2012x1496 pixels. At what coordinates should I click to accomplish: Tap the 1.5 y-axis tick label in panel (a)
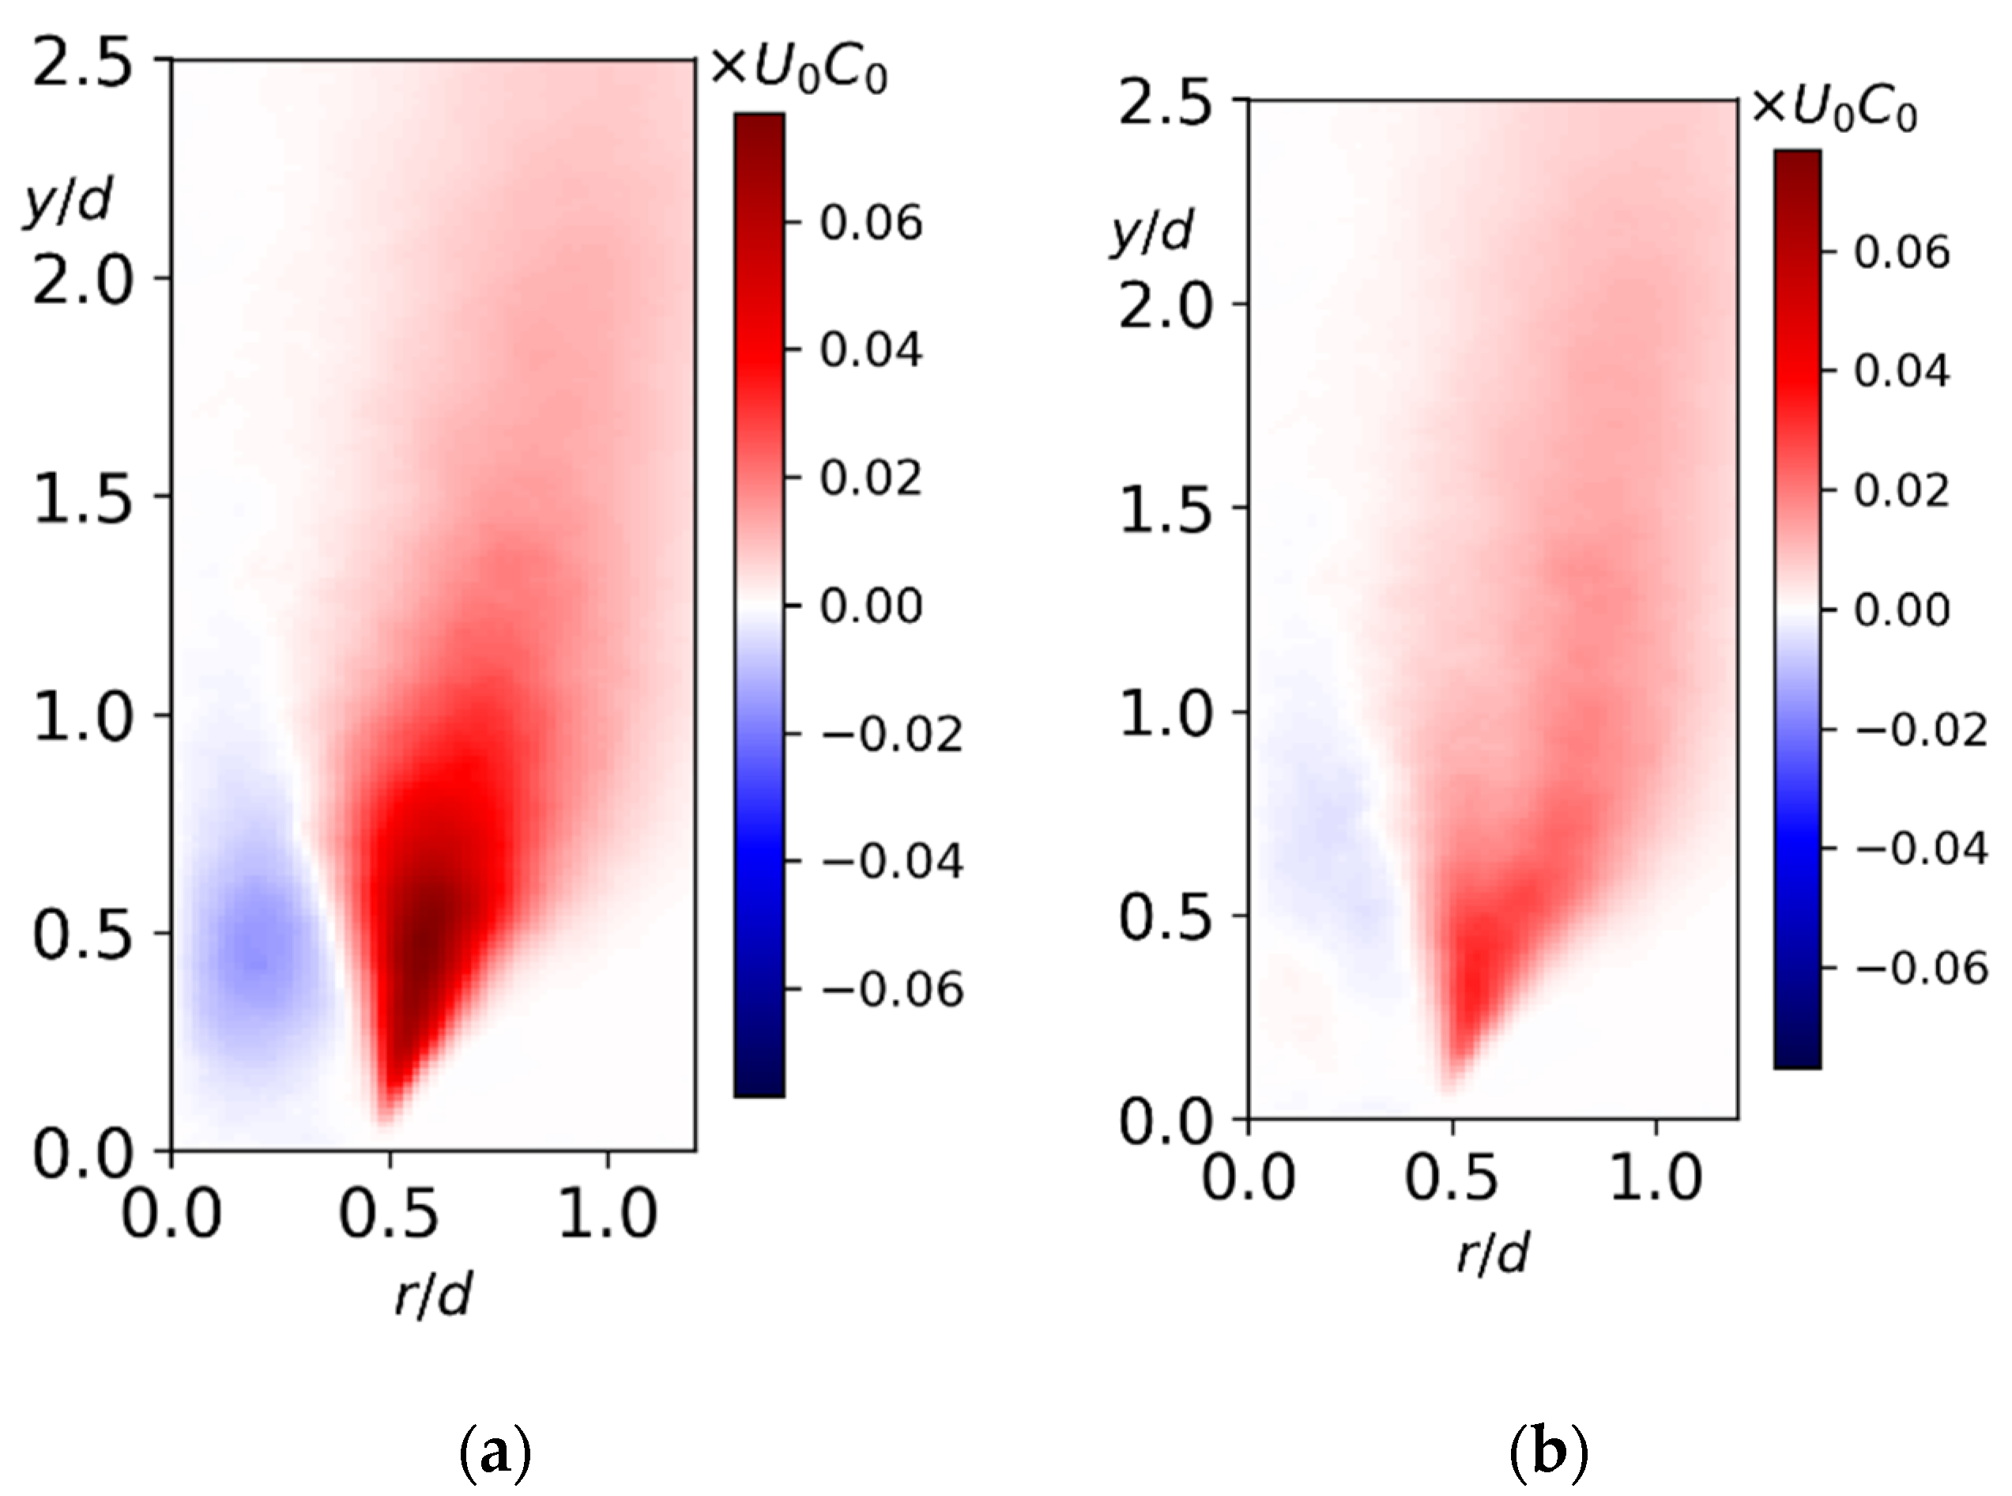(x=82, y=497)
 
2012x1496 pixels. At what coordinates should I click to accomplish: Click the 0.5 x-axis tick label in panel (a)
(x=388, y=1213)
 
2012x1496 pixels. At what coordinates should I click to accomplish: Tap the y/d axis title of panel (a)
(x=67, y=201)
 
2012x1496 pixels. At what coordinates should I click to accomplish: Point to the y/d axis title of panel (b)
(x=1151, y=232)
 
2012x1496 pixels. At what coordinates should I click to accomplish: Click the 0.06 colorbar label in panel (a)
(x=871, y=222)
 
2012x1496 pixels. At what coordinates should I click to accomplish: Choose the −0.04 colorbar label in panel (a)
(x=891, y=860)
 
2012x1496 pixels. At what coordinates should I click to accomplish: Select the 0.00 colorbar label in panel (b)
(x=1901, y=610)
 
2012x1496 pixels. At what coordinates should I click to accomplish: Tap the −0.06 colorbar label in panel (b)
(x=1920, y=968)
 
